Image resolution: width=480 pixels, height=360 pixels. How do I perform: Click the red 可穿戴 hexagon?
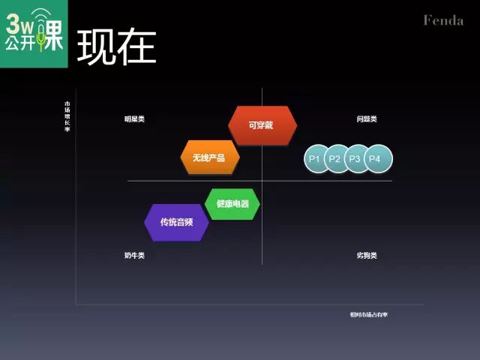click(262, 124)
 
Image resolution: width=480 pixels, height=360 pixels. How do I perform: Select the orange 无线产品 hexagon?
click(209, 157)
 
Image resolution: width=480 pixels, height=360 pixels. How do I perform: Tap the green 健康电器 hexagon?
click(232, 204)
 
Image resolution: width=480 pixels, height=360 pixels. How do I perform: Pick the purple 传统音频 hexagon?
click(176, 222)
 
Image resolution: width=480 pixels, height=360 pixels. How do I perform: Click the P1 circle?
click(314, 159)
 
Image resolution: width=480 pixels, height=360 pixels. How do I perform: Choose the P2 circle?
click(334, 159)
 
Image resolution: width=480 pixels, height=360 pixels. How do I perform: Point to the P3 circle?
click(355, 159)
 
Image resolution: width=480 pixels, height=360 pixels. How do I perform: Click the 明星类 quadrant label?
click(135, 119)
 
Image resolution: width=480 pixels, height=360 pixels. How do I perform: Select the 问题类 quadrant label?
click(367, 119)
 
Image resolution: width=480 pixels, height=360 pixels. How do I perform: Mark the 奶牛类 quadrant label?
click(135, 256)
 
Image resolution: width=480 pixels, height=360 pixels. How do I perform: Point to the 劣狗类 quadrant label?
click(367, 256)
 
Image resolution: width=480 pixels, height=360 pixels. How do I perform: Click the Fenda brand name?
click(443, 20)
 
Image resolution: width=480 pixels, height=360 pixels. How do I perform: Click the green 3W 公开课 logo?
click(34, 34)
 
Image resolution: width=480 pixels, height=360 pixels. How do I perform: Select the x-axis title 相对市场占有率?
click(368, 314)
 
